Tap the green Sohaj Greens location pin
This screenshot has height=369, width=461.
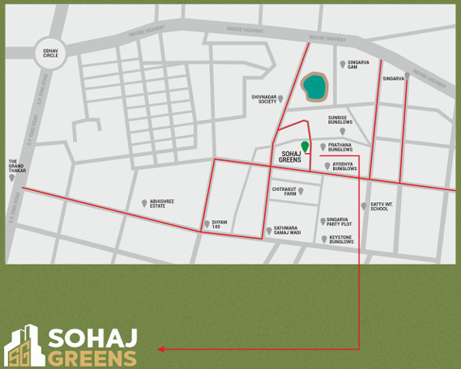[305, 146]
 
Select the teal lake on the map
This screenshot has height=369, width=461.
[314, 85]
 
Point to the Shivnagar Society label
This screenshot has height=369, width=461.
[263, 99]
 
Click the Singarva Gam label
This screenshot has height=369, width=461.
[358, 64]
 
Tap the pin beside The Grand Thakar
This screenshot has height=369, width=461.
[13, 177]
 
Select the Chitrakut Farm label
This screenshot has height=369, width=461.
[284, 192]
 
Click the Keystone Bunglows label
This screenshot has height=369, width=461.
[341, 240]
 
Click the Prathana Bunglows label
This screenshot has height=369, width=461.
[342, 147]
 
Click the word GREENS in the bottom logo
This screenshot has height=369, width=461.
[91, 356]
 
